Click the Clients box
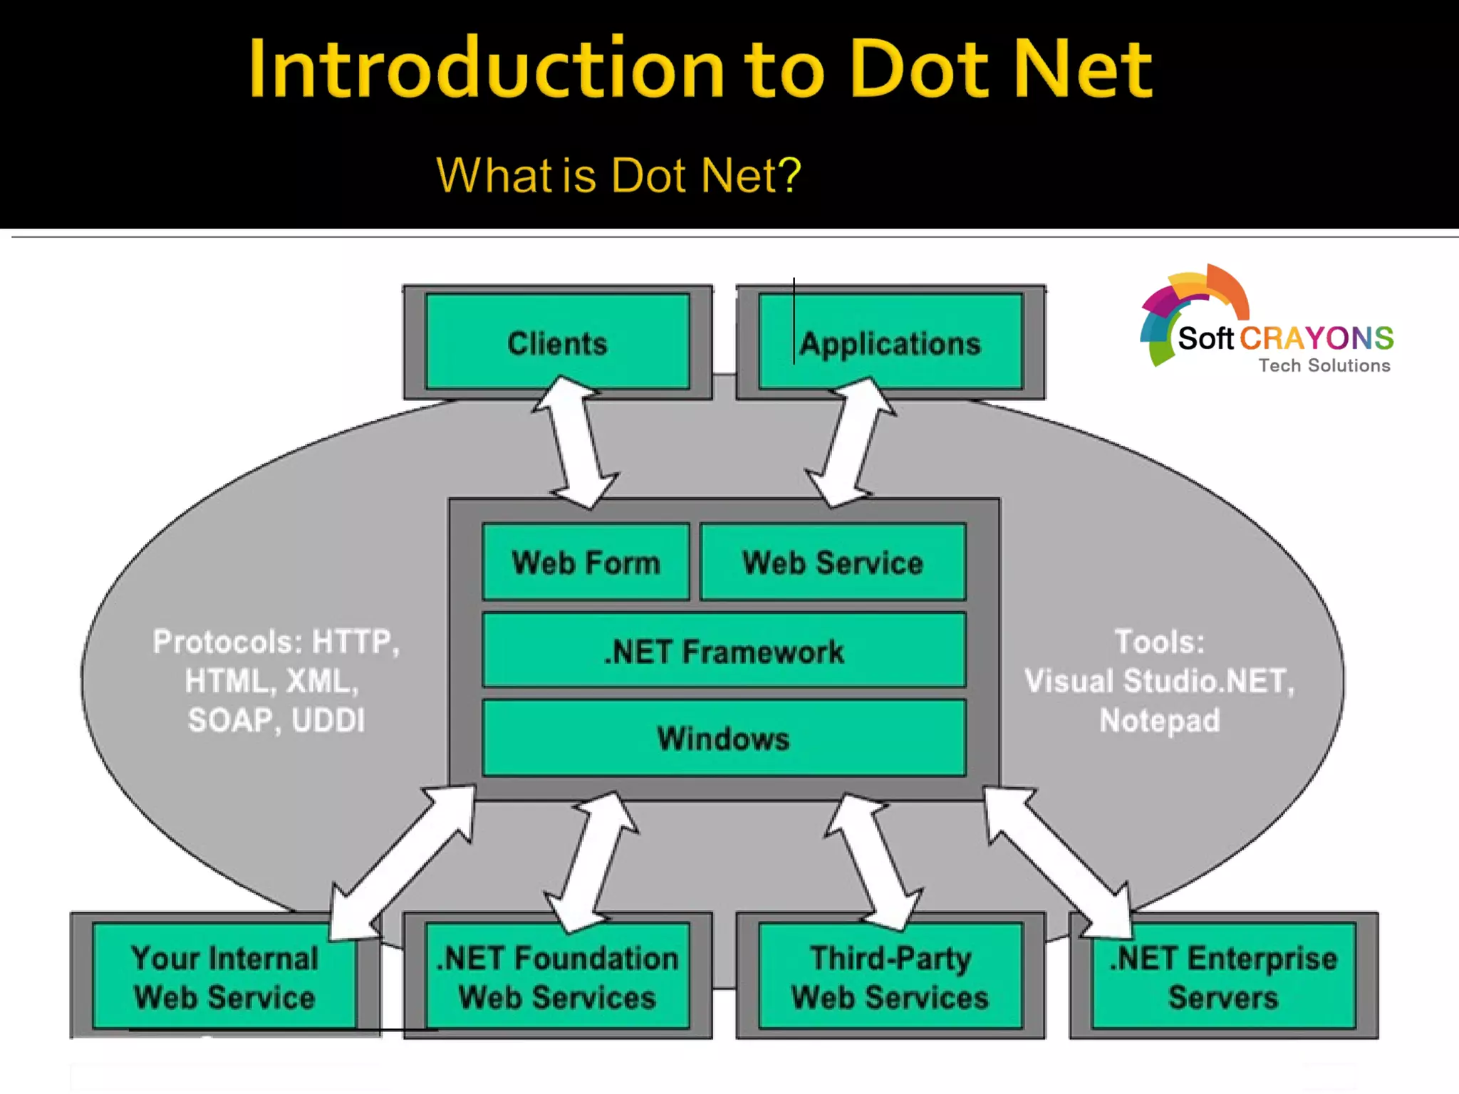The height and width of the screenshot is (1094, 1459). pyautogui.click(x=557, y=343)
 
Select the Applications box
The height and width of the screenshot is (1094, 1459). pyautogui.click(x=891, y=343)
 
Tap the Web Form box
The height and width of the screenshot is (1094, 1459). pyautogui.click(x=586, y=562)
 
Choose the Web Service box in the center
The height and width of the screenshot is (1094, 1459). pyautogui.click(x=833, y=562)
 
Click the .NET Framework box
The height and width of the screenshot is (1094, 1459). pyautogui.click(x=724, y=650)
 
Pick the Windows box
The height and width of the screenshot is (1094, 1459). pyautogui.click(x=724, y=738)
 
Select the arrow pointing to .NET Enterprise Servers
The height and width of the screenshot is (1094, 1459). pyautogui.click(x=1057, y=859)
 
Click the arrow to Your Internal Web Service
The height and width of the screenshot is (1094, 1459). pyautogui.click(x=403, y=862)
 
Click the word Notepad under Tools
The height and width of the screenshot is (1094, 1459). pyautogui.click(x=1159, y=720)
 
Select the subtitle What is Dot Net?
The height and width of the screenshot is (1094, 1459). pyautogui.click(x=618, y=175)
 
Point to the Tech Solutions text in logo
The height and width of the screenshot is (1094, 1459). pyautogui.click(x=1324, y=365)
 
